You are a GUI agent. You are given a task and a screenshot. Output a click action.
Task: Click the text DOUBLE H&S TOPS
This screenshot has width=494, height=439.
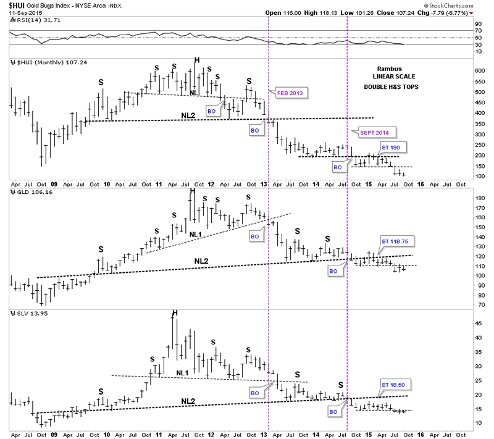391,87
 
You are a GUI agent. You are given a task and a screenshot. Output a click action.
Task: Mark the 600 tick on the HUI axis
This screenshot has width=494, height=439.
478,70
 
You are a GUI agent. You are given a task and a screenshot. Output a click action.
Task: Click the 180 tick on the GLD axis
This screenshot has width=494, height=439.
478,198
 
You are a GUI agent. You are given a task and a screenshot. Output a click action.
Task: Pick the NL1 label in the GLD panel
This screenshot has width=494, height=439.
196,234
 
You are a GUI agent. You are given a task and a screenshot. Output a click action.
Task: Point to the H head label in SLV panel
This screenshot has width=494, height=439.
175,312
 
